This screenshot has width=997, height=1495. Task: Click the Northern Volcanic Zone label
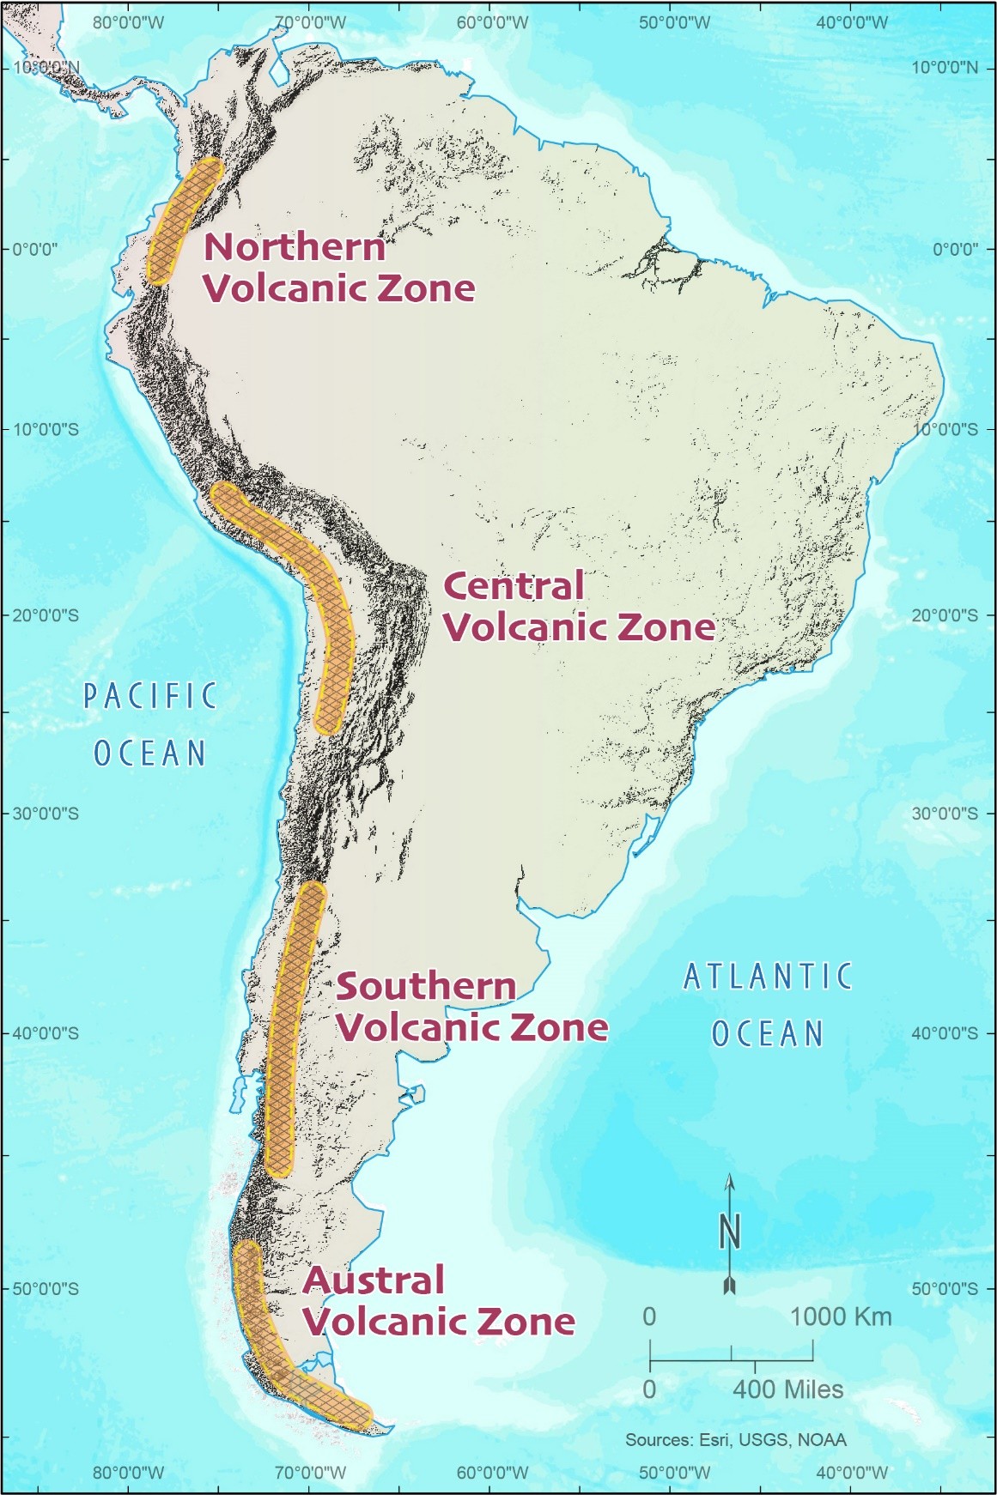[x=338, y=267]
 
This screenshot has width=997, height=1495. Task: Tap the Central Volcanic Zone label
[x=578, y=607]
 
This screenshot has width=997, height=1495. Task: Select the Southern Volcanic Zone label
[x=471, y=1007]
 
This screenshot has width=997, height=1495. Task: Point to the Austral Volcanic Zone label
[x=438, y=1301]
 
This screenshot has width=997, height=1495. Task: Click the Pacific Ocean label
[x=150, y=724]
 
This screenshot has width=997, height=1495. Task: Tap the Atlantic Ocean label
[x=768, y=1004]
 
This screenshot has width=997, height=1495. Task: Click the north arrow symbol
[x=729, y=1233]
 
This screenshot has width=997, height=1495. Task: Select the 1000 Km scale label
[x=840, y=1316]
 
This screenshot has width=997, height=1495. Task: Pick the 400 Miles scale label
[x=787, y=1389]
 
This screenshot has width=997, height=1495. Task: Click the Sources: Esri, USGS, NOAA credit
[x=735, y=1440]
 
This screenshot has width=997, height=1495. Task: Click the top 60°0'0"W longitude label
[x=492, y=22]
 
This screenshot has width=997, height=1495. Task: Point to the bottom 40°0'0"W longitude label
[x=852, y=1473]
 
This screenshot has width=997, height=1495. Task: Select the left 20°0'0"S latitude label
[x=46, y=615]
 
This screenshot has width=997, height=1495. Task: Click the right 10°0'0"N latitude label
[x=944, y=68]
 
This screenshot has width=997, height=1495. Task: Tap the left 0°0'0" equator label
[x=34, y=250]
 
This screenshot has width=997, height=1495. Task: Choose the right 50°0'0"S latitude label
[x=944, y=1289]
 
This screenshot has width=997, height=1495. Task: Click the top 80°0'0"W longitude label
[x=128, y=22]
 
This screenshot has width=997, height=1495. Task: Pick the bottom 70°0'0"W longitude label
[x=310, y=1473]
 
